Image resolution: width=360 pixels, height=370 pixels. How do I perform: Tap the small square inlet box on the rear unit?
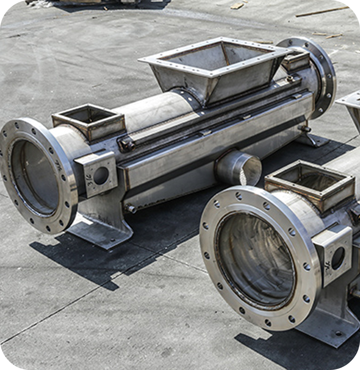88,122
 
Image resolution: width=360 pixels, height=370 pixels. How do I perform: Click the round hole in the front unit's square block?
338,258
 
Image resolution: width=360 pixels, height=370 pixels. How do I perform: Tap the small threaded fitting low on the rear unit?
130,209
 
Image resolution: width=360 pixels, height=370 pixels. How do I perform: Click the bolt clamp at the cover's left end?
127,145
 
